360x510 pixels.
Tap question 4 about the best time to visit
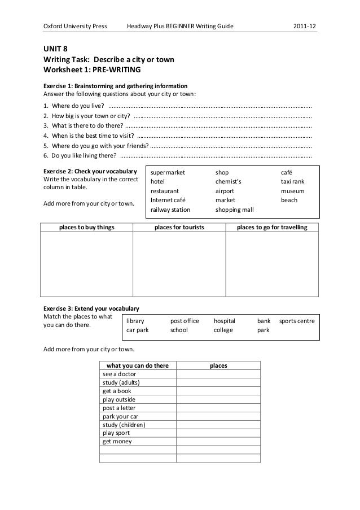tap(88, 136)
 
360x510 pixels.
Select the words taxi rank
tap(292, 181)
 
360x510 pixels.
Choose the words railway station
tap(170, 209)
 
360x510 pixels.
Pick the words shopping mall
tap(234, 209)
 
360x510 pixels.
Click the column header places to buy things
tap(86, 227)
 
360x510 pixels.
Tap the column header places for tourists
tap(179, 227)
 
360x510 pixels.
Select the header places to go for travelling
tap(272, 227)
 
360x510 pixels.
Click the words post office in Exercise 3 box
tap(185, 320)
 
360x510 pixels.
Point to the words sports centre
tap(297, 320)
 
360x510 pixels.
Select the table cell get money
tap(117, 441)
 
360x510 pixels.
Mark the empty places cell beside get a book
tap(218, 391)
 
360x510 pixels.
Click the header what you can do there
tap(138, 365)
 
